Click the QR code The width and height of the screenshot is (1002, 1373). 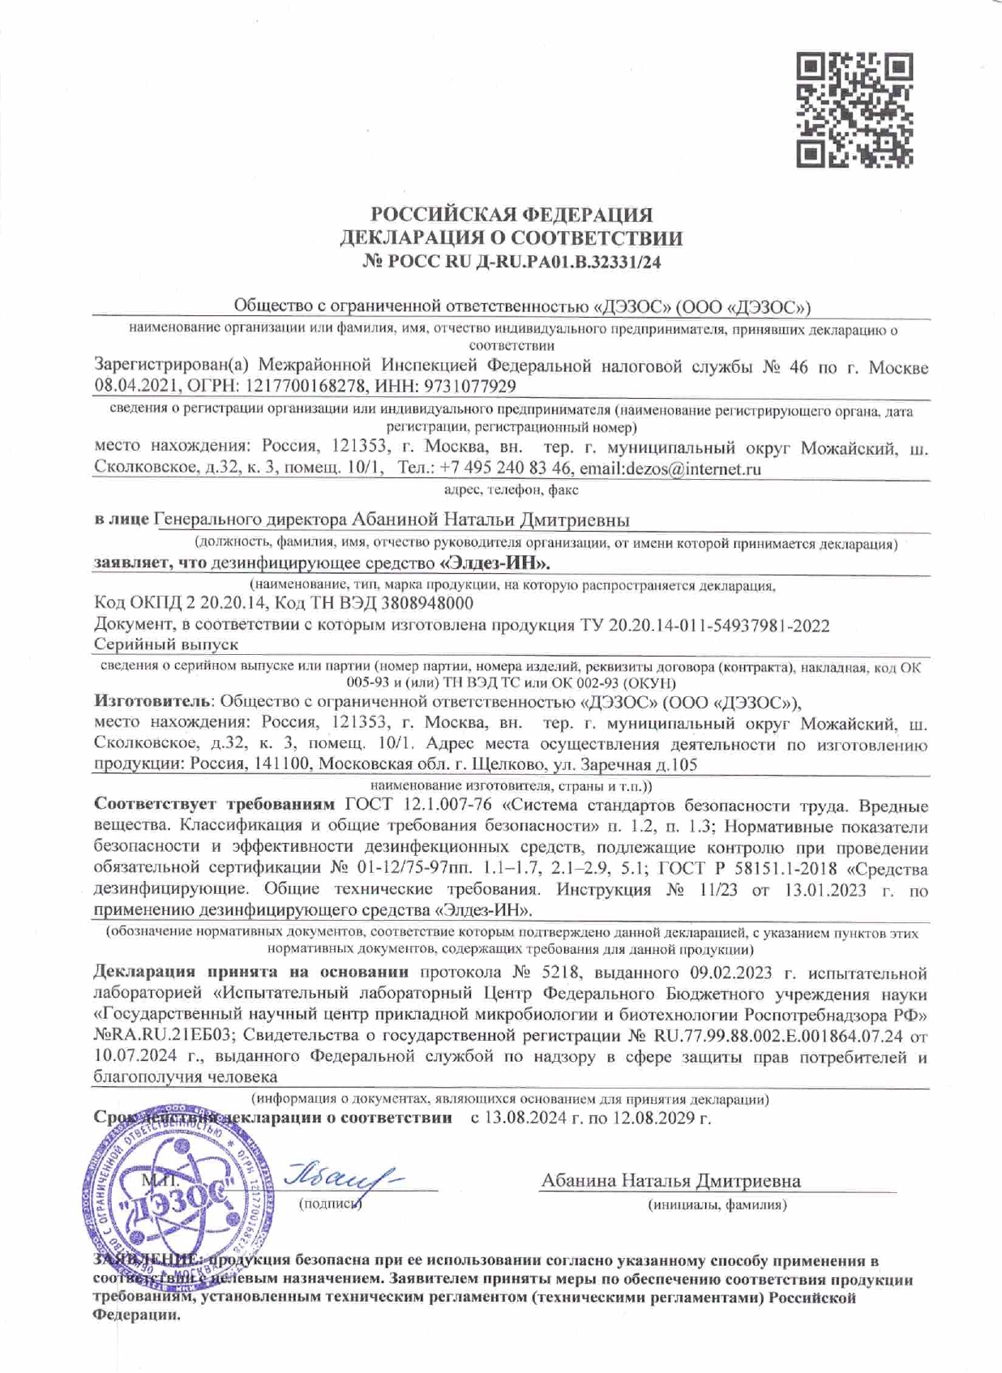(x=854, y=110)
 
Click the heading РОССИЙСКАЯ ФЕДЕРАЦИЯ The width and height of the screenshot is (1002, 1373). (x=511, y=215)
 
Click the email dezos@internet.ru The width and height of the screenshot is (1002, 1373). (x=692, y=468)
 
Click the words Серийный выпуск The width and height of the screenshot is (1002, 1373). (x=166, y=644)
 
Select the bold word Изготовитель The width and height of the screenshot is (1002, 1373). (x=153, y=701)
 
